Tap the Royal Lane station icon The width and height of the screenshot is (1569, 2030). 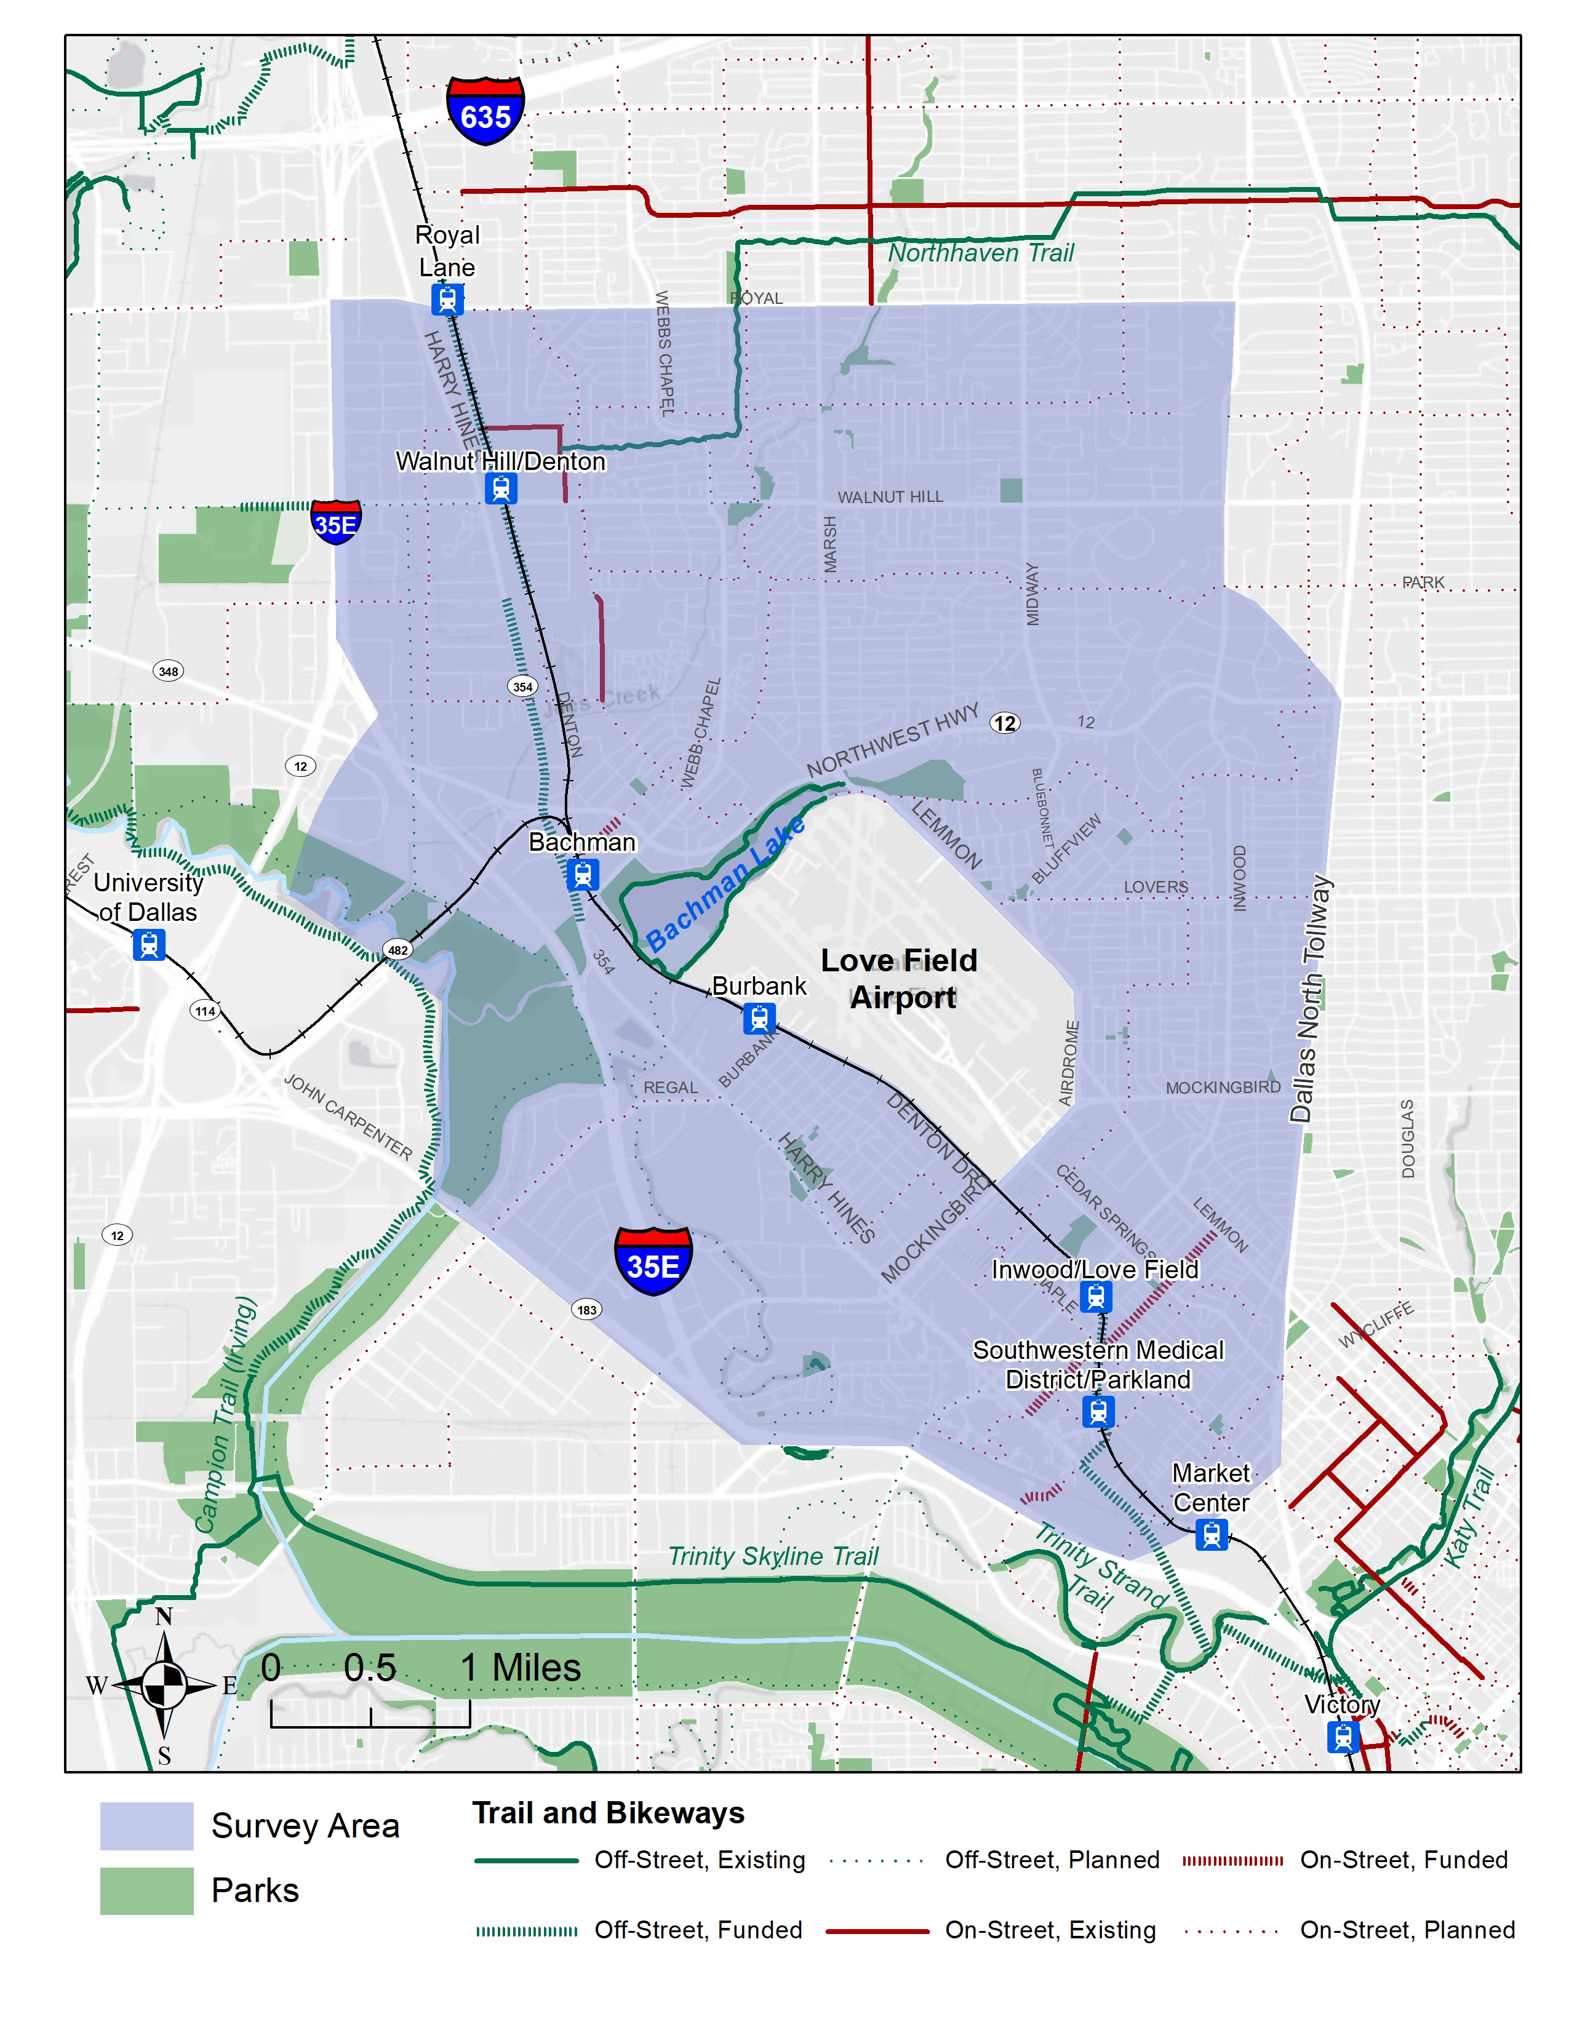447,300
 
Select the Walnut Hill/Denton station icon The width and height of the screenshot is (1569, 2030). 501,488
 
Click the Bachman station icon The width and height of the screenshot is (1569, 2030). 583,875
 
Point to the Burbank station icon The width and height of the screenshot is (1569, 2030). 759,1019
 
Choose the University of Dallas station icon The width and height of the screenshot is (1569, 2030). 149,944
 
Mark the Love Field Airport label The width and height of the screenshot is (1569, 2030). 900,979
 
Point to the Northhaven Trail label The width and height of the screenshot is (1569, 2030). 981,253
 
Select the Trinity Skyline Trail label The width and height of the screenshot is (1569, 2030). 773,1556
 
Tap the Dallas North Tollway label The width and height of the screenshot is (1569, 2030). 1310,998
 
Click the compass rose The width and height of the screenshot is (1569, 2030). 164,1684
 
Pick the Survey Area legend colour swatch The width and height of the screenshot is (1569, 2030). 147,1826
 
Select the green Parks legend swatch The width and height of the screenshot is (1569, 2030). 147,1890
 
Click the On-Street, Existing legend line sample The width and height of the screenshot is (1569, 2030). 877,1930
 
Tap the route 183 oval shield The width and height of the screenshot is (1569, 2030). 586,1310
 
